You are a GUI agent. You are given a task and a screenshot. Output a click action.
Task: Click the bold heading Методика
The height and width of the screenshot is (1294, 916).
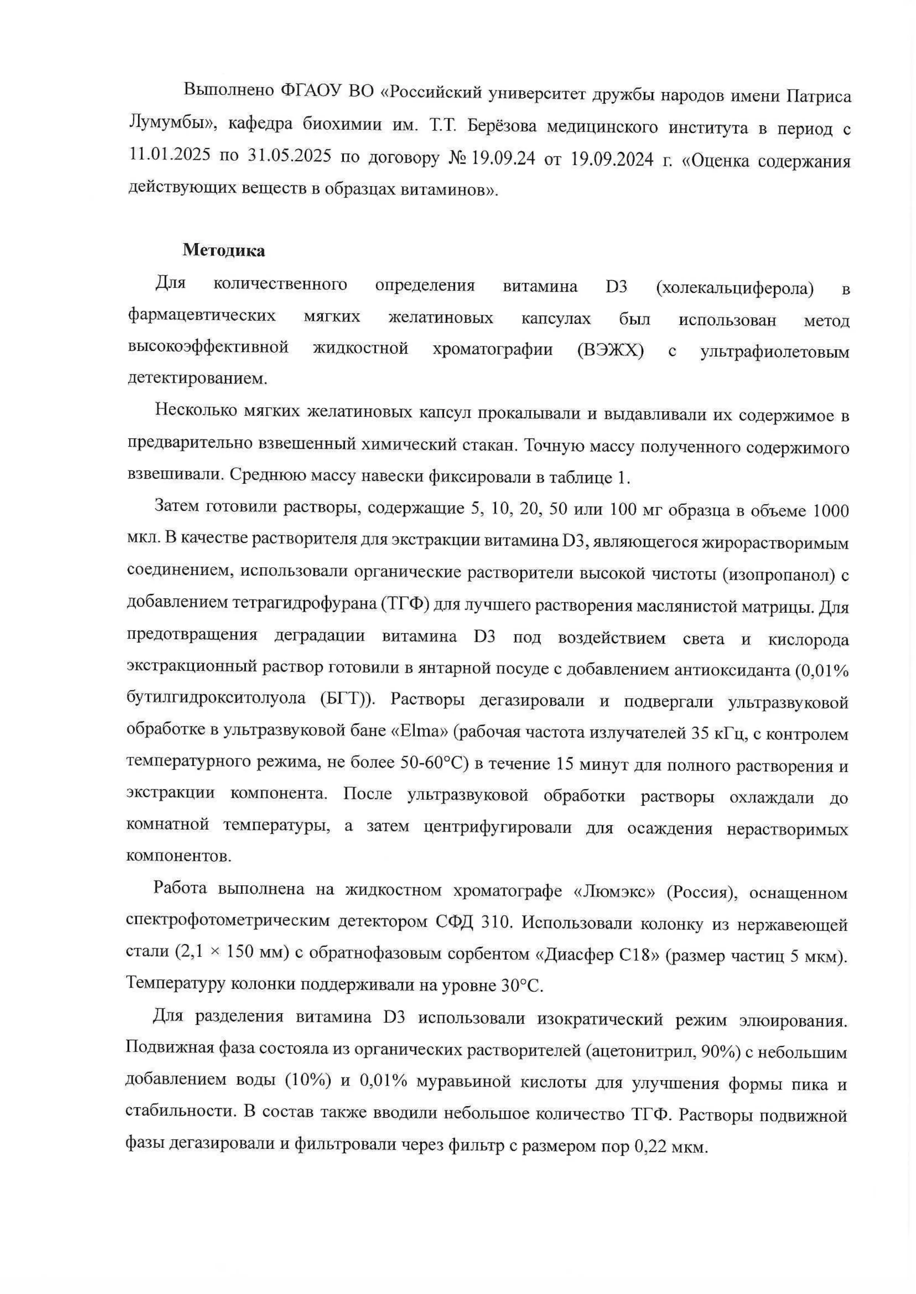223,250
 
